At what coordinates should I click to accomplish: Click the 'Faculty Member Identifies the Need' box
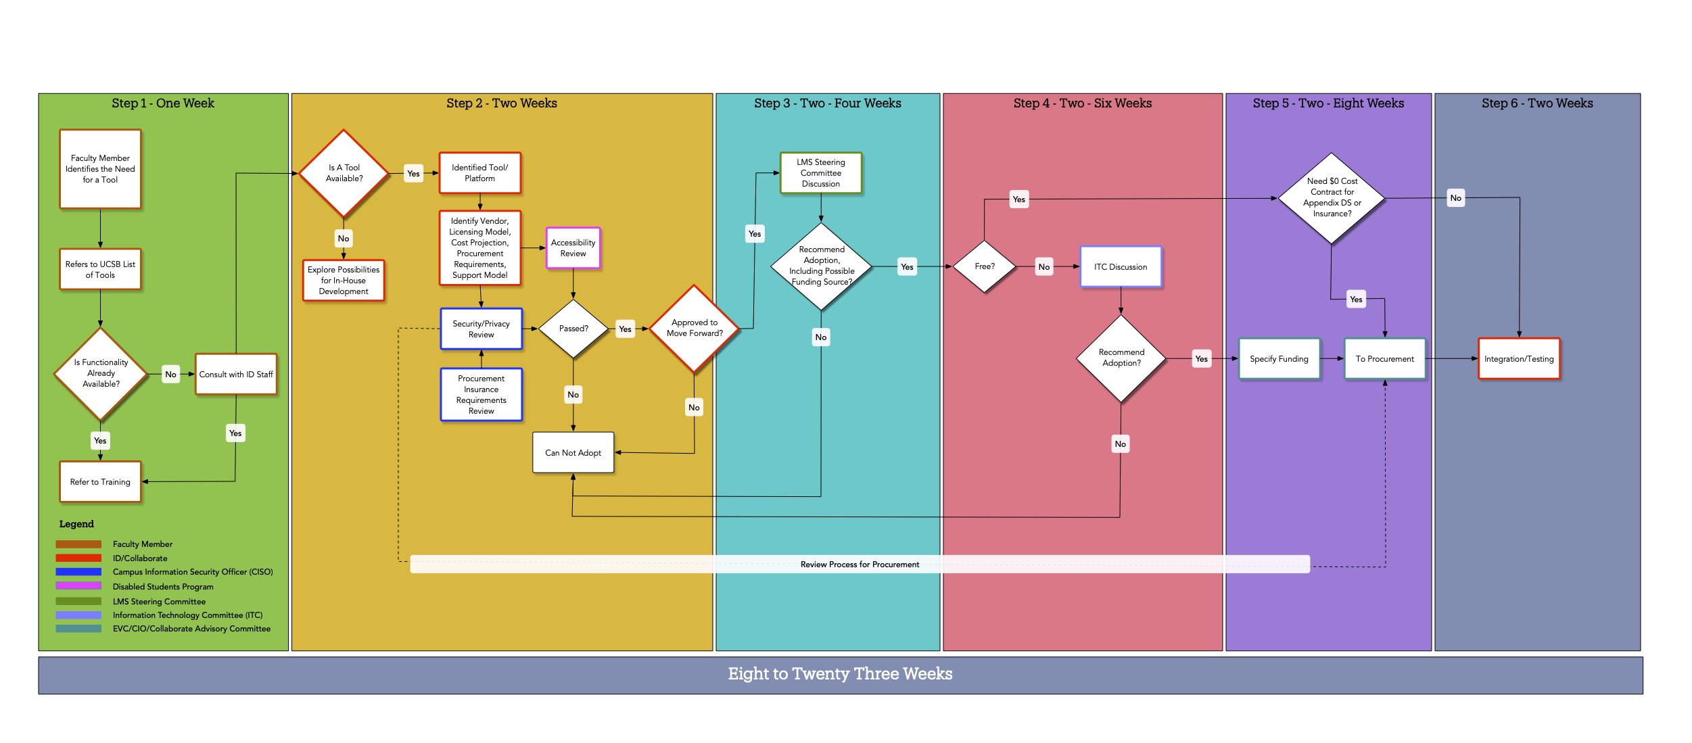coord(100,169)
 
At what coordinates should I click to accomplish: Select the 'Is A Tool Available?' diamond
coord(344,173)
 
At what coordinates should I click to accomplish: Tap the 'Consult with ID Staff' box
coord(236,374)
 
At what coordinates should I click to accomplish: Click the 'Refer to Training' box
coord(100,482)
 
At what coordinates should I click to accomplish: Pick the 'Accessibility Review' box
coord(573,248)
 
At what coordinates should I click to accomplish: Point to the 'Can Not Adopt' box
coord(573,453)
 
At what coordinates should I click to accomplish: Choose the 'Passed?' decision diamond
coord(573,329)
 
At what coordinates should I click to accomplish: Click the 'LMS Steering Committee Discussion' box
coord(820,173)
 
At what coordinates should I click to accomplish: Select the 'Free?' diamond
coord(985,266)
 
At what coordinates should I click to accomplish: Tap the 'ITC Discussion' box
coord(1121,267)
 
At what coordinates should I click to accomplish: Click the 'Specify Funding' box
coord(1279,359)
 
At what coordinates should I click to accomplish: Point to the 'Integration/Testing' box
coord(1519,359)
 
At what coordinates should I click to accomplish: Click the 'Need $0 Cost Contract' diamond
coord(1332,197)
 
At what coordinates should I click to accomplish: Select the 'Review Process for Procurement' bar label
coord(860,565)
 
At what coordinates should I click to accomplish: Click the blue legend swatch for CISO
coord(78,572)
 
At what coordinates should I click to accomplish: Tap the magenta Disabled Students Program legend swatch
coord(78,586)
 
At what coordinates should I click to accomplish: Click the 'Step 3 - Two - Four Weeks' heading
coord(827,103)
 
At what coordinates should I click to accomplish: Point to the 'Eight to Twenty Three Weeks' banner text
coord(840,674)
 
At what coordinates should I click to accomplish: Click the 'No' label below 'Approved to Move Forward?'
coord(694,408)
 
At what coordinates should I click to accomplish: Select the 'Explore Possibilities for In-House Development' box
coord(344,281)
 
